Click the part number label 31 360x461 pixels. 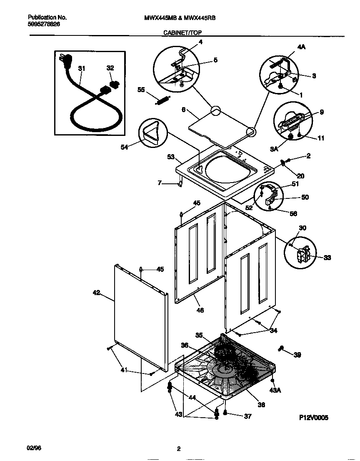(x=81, y=68)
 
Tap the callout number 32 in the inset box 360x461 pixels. (x=110, y=68)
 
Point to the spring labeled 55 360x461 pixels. (x=162, y=100)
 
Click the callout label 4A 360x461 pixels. (x=302, y=48)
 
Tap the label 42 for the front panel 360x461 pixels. (x=97, y=293)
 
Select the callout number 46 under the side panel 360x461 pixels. (x=200, y=310)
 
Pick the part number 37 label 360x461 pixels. (x=247, y=416)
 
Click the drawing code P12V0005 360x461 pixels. (x=313, y=417)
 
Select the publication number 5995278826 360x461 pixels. (x=44, y=25)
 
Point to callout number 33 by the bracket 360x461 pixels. (x=327, y=258)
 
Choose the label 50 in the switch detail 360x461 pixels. (x=305, y=197)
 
